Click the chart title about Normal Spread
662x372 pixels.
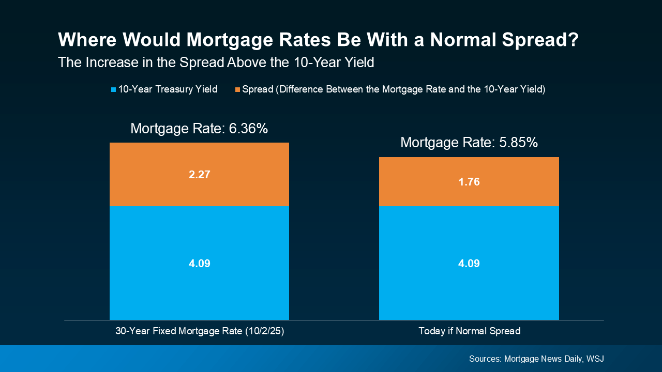click(x=318, y=40)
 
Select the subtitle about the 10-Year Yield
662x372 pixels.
click(x=216, y=63)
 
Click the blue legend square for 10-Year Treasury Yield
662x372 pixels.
click(x=113, y=90)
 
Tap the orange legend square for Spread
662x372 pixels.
click(x=237, y=90)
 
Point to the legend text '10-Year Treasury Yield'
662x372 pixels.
click(x=168, y=89)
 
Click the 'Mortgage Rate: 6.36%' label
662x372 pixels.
click(x=199, y=129)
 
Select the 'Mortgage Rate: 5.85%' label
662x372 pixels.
click(x=469, y=143)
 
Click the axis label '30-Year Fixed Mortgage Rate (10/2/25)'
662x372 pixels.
click(x=200, y=331)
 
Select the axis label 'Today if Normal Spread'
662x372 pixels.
click(x=469, y=331)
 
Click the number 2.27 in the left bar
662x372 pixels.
click(x=199, y=175)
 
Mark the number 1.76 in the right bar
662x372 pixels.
click(x=469, y=182)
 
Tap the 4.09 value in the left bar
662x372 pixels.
click(x=199, y=263)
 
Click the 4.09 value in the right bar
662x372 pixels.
click(x=469, y=263)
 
